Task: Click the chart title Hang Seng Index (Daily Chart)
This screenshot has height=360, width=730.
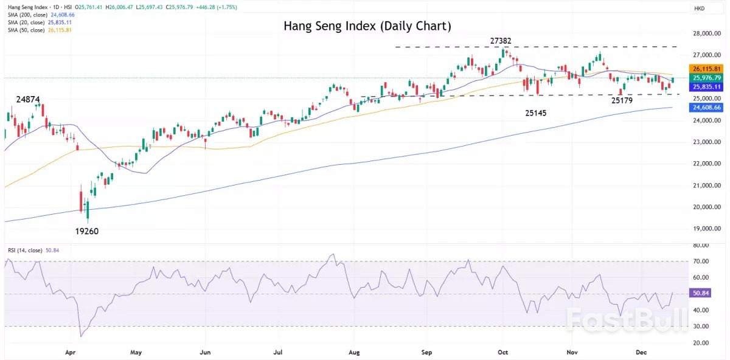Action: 367,27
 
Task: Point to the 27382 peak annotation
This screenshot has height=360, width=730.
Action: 501,41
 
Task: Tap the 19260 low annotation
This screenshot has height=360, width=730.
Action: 87,231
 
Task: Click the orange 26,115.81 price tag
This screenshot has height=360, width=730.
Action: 706,69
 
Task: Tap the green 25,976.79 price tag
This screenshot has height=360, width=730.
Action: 706,78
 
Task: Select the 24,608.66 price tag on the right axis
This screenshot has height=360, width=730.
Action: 706,108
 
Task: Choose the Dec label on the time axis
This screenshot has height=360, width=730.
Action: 641,352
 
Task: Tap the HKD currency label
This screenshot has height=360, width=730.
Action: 700,8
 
